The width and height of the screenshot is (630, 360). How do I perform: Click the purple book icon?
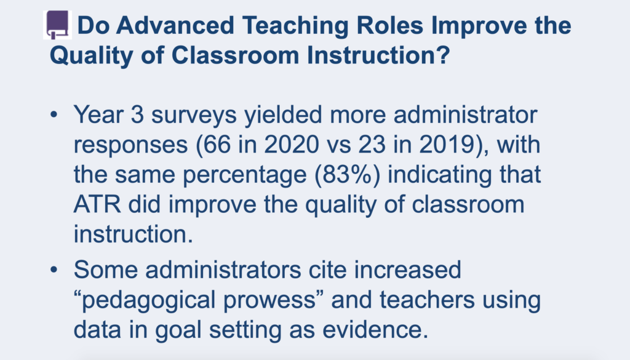point(57,25)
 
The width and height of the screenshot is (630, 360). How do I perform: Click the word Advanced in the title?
point(175,25)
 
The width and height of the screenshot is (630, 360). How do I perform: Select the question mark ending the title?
point(442,55)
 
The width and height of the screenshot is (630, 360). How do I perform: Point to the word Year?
point(98,114)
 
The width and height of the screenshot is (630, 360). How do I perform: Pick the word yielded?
point(283,115)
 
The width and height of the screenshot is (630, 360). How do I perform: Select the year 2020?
point(292,145)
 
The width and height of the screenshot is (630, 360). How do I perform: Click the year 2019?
point(447,145)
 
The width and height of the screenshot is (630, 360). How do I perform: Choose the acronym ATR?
point(97,204)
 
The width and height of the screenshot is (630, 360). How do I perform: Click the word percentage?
point(244,175)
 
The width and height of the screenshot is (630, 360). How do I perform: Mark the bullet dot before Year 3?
point(54,115)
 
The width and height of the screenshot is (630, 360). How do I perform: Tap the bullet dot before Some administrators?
point(54,270)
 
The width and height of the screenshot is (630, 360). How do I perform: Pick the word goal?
point(178,331)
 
